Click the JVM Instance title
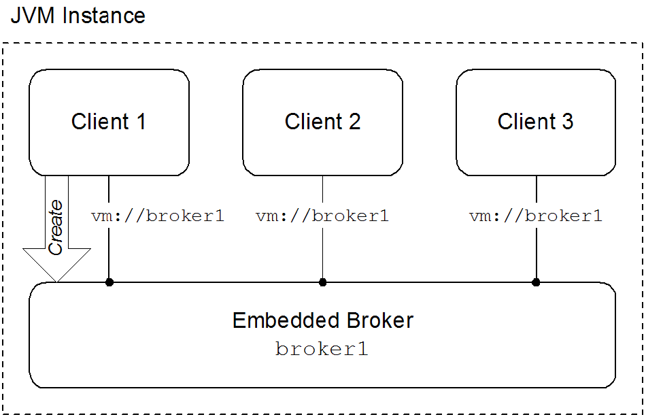pos(78,16)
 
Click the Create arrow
pos(56,231)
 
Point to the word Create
pos(56,227)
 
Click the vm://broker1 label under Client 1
pos(158,217)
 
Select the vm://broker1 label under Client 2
pos(322,217)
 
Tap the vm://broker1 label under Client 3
pos(536,217)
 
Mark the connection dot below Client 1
pos(109,282)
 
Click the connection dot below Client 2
pos(322,282)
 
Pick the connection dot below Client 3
pos(536,282)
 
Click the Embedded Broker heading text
pos(322,320)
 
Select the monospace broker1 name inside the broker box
pos(322,350)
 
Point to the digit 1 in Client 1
pos(140,122)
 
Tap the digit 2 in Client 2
pos(354,122)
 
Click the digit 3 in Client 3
pos(567,122)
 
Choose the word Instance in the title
pos(103,16)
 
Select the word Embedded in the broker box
pos(279,320)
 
